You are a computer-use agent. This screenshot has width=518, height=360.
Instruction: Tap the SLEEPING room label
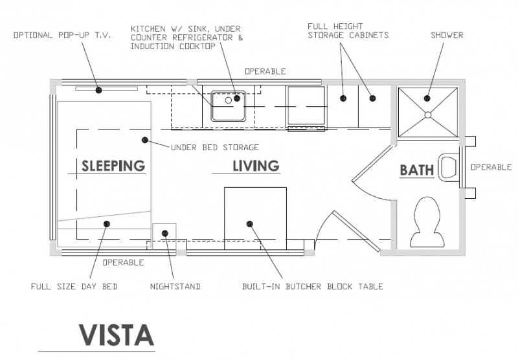tap(113, 166)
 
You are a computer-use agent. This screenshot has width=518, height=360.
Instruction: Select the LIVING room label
tap(256, 166)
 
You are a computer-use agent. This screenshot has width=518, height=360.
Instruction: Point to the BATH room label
tap(416, 170)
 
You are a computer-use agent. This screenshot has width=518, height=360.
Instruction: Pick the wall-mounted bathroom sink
tap(447, 167)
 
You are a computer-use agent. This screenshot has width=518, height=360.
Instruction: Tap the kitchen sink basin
tap(227, 105)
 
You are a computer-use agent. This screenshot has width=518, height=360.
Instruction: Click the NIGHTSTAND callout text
tap(175, 286)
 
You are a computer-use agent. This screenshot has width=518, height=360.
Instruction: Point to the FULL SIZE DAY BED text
tap(74, 286)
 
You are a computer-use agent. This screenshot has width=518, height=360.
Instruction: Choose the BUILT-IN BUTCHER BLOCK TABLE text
tap(313, 286)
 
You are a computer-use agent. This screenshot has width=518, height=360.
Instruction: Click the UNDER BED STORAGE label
tap(214, 147)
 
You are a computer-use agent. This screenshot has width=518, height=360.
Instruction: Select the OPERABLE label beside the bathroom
tap(491, 166)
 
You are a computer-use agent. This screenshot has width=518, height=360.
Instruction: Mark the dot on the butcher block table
tap(249, 223)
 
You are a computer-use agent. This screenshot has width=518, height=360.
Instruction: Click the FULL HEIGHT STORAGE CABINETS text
tap(348, 30)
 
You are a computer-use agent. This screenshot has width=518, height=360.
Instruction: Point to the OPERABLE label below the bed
tap(123, 262)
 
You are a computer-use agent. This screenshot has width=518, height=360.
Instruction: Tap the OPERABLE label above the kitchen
tap(265, 71)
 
